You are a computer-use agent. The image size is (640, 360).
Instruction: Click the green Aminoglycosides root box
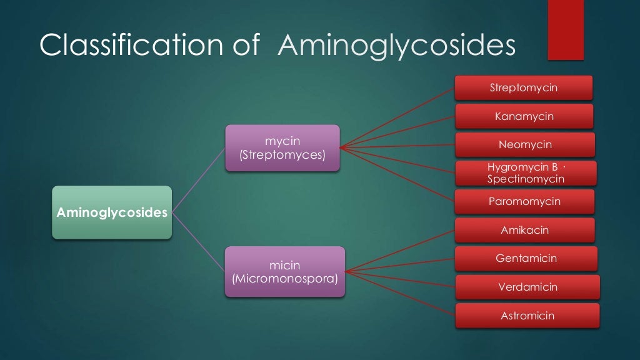[x=112, y=212]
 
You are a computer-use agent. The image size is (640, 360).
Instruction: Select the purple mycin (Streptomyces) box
[x=282, y=148]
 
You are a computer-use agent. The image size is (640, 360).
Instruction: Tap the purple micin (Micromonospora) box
[x=285, y=271]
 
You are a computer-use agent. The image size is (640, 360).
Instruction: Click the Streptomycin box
[x=524, y=87]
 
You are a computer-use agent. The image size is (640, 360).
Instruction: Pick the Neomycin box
[x=525, y=144]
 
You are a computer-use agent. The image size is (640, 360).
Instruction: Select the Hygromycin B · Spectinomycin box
[x=526, y=173]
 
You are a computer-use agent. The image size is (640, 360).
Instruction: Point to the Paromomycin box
[x=524, y=201]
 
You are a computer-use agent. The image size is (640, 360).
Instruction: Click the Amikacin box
[x=524, y=230]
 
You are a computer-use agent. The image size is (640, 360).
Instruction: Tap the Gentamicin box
[x=526, y=258]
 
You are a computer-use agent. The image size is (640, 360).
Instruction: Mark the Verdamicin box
[x=527, y=287]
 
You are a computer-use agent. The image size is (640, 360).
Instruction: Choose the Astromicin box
[x=527, y=316]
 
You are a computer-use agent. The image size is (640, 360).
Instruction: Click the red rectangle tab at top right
[x=566, y=30]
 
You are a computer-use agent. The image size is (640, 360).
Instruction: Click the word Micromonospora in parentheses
[x=285, y=279]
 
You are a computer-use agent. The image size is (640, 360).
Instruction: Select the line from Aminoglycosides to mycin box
[x=198, y=181]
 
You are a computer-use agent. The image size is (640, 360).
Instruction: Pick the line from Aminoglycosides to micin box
[x=198, y=242]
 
